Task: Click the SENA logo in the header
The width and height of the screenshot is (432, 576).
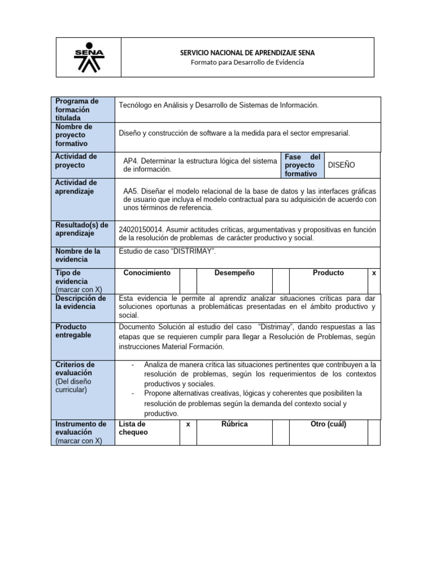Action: pos(89,57)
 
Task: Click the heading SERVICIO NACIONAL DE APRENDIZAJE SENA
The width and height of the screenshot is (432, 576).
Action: pos(247,52)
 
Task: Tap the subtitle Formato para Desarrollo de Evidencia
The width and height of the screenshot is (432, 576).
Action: pos(247,62)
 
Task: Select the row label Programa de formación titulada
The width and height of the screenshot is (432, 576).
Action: pos(76,109)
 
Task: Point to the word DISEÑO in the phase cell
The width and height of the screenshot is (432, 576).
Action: pos(341,165)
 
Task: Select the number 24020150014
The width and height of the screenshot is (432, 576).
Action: pos(140,229)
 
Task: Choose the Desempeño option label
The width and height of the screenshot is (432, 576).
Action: pos(235,273)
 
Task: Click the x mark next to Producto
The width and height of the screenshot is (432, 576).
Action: pos(374,273)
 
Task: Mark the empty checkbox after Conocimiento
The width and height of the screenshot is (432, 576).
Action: pos(188,280)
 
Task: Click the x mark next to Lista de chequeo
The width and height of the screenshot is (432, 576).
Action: pos(188,424)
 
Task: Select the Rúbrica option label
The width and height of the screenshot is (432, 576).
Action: pos(235,424)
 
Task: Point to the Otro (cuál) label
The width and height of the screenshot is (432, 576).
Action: pos(328,424)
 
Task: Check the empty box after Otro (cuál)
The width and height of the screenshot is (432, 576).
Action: pos(374,432)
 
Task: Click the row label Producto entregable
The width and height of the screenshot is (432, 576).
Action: pos(71,331)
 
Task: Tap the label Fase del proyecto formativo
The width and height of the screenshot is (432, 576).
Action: pos(302,165)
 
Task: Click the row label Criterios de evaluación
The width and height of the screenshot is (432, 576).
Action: pos(75,368)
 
